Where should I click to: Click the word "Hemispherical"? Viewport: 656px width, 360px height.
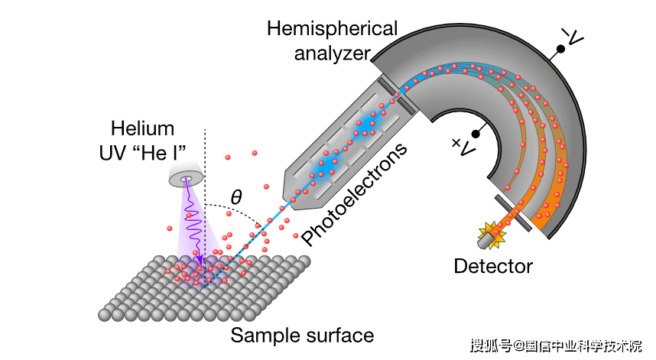pos(332,29)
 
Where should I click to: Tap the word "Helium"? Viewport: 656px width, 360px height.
pos(142,128)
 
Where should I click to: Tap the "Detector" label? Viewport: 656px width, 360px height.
pos(492,266)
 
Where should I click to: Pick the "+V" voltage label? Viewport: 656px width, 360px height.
pos(461,145)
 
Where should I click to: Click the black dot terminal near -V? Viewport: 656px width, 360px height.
pos(560,49)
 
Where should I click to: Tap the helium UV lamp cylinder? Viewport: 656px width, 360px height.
pos(184,177)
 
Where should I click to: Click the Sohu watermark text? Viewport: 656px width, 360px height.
pos(556,346)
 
